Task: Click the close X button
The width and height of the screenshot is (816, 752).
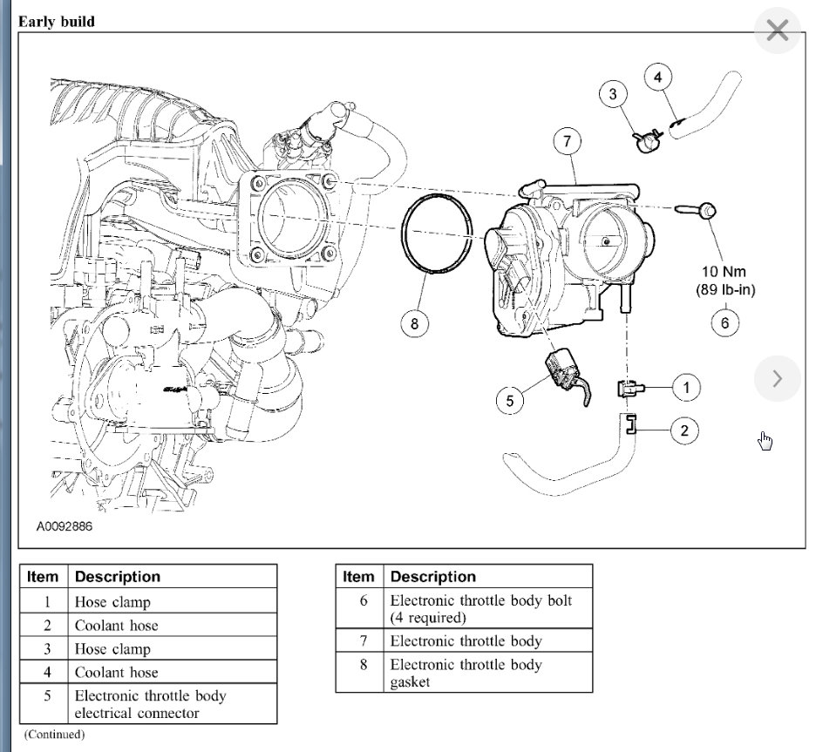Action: [x=776, y=32]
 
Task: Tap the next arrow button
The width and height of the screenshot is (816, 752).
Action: [x=777, y=378]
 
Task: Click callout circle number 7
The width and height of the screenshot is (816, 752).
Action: [x=567, y=140]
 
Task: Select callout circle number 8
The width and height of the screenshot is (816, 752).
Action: [x=414, y=324]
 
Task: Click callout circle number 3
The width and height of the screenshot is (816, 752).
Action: [x=614, y=94]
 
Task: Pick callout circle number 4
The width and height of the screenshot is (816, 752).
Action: [x=658, y=77]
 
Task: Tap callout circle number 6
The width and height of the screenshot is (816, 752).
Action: [x=724, y=322]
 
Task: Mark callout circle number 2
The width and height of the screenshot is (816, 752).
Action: [x=684, y=429]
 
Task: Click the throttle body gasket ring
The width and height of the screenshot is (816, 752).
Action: [x=437, y=235]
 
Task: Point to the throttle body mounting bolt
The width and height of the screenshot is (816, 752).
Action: [x=697, y=209]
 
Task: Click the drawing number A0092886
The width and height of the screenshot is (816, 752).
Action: [x=65, y=527]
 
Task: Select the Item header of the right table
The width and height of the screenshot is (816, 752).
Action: [x=358, y=577]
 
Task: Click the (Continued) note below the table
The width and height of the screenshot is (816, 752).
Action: [x=54, y=735]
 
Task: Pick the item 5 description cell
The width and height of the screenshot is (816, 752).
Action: [x=150, y=704]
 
